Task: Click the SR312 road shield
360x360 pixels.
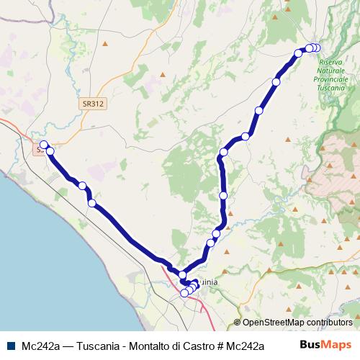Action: (93, 104)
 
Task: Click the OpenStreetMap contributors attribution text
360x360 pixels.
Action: (297, 323)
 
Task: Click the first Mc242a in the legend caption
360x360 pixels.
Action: (40, 346)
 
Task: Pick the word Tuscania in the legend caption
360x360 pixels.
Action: (98, 346)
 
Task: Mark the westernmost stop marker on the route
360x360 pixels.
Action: (43, 145)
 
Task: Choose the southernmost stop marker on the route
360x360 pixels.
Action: (184, 292)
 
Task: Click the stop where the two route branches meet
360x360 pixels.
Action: (182, 276)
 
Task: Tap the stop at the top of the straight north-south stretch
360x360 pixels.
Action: (224, 152)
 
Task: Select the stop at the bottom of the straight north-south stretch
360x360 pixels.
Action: (223, 195)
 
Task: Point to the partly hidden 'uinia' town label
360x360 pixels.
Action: (207, 283)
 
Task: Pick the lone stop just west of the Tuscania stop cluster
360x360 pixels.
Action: (298, 53)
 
